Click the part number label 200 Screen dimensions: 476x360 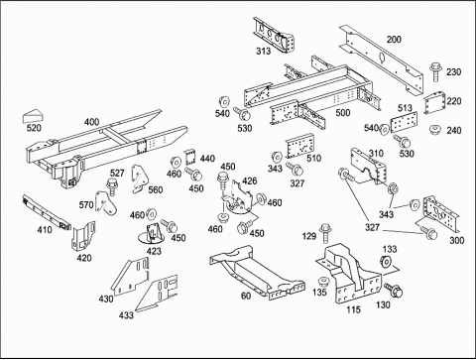394,40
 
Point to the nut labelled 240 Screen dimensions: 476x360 434,129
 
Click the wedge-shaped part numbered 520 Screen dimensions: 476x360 33,116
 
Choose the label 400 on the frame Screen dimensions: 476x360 91,122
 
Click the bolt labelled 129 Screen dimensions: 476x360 325,233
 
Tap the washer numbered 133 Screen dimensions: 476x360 385,262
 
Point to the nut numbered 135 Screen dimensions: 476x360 323,282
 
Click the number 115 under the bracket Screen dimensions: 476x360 354,309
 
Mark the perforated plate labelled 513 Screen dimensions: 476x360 404,123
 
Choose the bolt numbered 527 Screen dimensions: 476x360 112,187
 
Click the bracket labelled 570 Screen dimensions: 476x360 105,202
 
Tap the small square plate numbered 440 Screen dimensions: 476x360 189,158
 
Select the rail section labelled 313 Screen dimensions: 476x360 274,35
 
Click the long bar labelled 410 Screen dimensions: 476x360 47,212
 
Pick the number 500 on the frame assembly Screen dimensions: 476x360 343,112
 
